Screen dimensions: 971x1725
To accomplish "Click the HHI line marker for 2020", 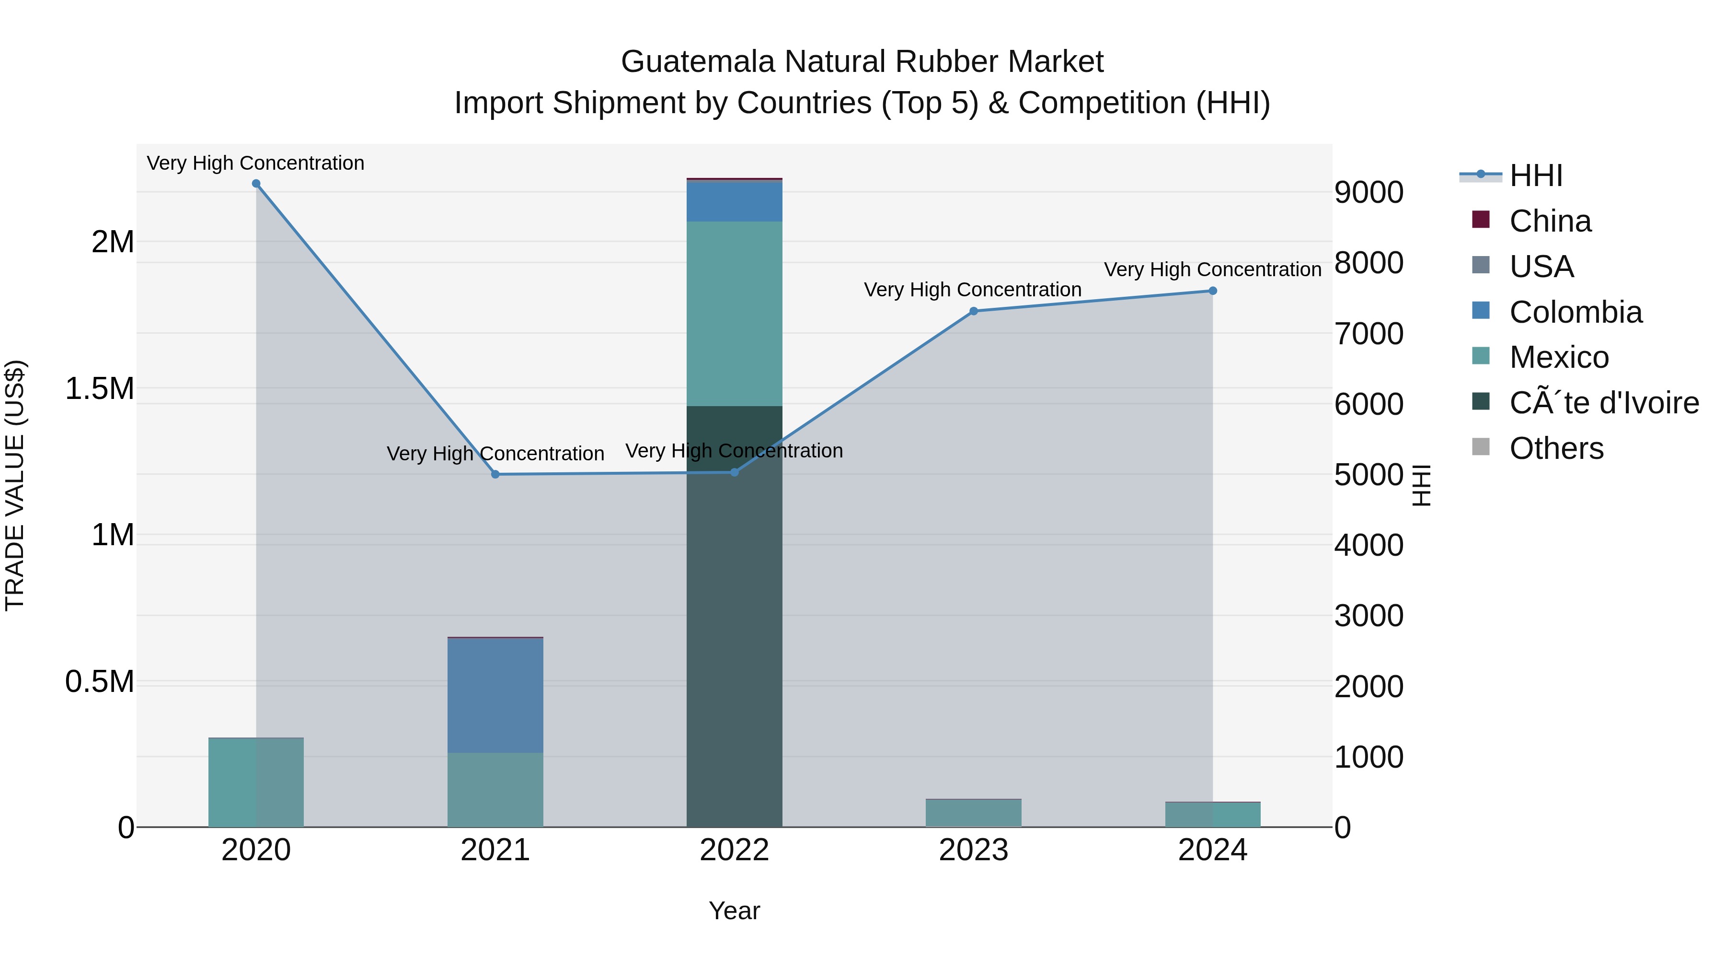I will tap(256, 184).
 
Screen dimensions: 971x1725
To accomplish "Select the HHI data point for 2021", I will tap(495, 474).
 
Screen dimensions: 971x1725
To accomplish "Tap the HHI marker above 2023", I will tap(974, 311).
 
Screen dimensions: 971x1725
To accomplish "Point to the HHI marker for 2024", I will tap(1213, 291).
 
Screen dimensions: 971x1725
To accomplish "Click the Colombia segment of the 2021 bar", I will tap(495, 695).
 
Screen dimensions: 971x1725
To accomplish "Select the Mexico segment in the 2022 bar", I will tap(735, 314).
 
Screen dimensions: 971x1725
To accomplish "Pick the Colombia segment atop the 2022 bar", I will tap(735, 201).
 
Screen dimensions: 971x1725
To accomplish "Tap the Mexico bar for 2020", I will tap(256, 782).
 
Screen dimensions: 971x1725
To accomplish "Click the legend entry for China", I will tap(1550, 221).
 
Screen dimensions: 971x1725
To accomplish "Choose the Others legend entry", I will tap(1556, 448).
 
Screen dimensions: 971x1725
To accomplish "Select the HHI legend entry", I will tap(1536, 175).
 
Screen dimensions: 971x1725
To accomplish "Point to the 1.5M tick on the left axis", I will tap(100, 389).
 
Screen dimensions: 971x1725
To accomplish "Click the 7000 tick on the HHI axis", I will tap(1369, 334).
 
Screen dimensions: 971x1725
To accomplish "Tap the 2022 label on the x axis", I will tap(735, 850).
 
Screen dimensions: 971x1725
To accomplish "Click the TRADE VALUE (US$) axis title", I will tap(15, 485).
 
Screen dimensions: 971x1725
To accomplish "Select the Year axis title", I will tap(735, 911).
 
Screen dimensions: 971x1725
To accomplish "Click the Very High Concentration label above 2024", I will tap(1213, 269).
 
